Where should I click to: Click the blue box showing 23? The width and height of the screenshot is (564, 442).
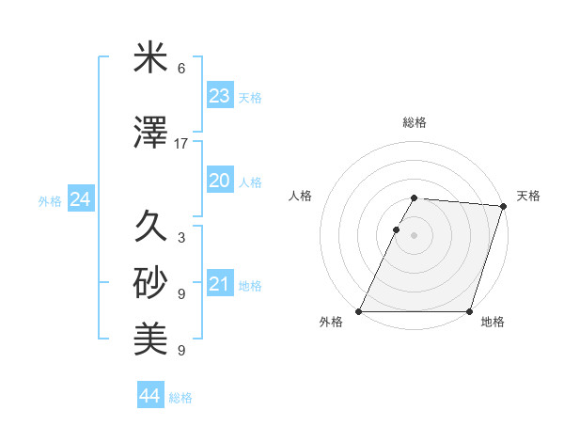pyautogui.click(x=219, y=96)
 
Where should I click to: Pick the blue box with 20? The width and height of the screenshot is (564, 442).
pyautogui.click(x=219, y=182)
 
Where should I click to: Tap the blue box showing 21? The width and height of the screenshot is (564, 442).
pyautogui.click(x=219, y=285)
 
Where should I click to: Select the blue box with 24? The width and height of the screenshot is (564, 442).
pyautogui.click(x=80, y=199)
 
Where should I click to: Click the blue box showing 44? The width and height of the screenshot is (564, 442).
pyautogui.click(x=149, y=397)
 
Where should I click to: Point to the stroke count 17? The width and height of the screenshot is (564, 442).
pyautogui.click(x=181, y=144)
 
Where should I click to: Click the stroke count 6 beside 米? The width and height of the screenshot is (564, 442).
pyautogui.click(x=181, y=69)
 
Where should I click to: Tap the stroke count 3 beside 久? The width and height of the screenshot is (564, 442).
pyautogui.click(x=181, y=238)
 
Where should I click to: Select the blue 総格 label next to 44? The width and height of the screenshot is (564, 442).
pyautogui.click(x=180, y=398)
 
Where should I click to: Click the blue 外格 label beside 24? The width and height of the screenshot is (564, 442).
pyautogui.click(x=50, y=200)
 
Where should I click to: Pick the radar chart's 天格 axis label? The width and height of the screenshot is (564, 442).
pyautogui.click(x=528, y=196)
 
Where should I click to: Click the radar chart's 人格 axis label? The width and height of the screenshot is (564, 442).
pyautogui.click(x=301, y=196)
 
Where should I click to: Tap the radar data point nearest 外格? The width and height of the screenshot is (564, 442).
pyautogui.click(x=359, y=311)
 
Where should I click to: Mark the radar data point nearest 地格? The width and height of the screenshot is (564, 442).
pyautogui.click(x=469, y=311)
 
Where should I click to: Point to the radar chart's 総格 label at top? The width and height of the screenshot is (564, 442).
pyautogui.click(x=415, y=122)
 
